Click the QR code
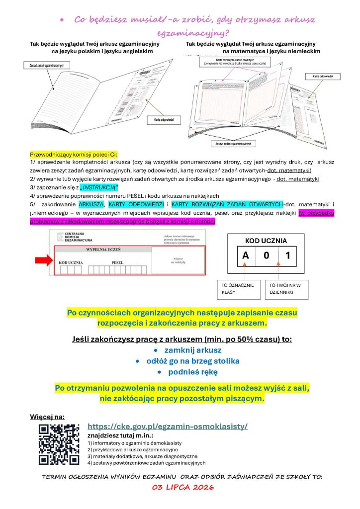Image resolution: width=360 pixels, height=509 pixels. point(59,444)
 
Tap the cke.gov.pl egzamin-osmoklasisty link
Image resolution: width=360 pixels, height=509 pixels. point(168,426)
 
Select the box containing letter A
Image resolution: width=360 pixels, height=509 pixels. point(246,257)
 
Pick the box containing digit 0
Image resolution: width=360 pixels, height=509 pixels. point(267,257)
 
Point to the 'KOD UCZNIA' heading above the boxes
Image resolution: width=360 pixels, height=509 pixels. point(266,241)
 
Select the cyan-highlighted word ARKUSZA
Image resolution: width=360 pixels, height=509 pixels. point(90,204)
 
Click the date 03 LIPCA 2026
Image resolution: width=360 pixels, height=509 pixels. point(182,488)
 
